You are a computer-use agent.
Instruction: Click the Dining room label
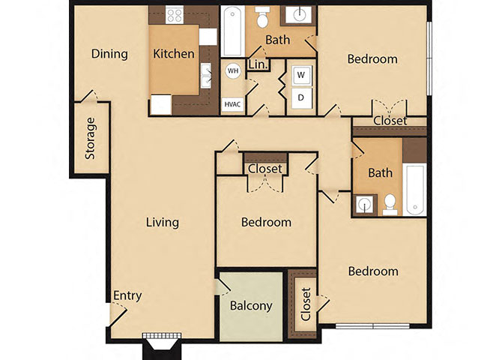tap(109, 54)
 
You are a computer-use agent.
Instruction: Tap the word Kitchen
tap(174, 54)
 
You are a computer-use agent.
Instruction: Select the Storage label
tap(91, 139)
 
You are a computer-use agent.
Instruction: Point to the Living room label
tap(162, 222)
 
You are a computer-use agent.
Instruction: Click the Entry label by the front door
tap(127, 295)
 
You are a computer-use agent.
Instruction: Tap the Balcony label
tap(250, 306)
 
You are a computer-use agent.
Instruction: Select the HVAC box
tap(232, 104)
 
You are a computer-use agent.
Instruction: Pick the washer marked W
tap(301, 75)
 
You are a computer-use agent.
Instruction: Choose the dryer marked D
tap(301, 97)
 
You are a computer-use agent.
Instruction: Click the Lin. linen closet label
tap(257, 65)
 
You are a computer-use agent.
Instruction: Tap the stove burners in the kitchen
tap(175, 15)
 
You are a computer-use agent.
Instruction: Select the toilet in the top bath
tap(261, 16)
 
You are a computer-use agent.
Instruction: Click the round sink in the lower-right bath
tap(365, 203)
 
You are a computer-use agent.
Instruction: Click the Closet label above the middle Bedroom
tap(264, 169)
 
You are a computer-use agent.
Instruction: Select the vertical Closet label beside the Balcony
tap(305, 304)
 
